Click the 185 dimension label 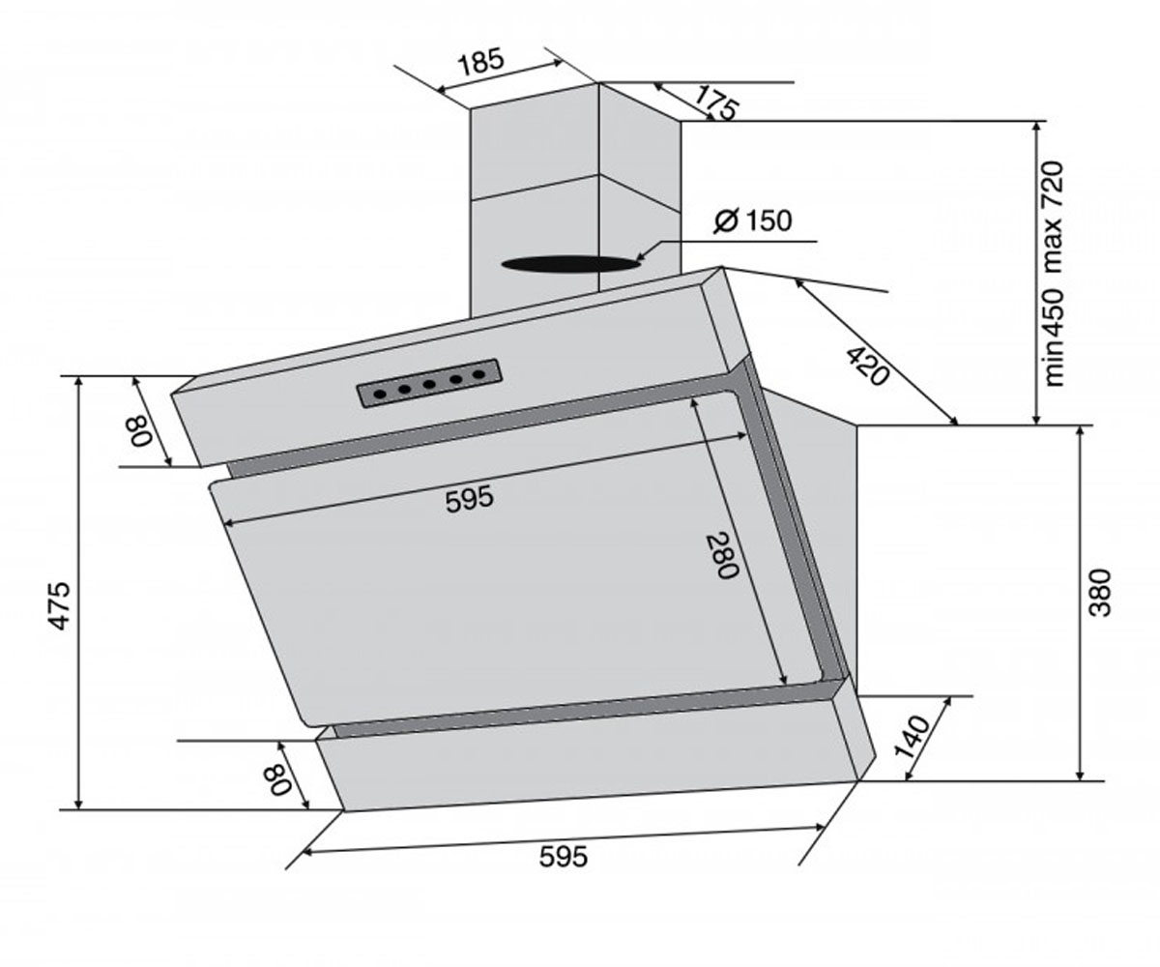point(481,62)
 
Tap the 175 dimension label point(716,103)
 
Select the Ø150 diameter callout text point(753,220)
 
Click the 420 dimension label point(867,366)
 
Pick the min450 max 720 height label point(1054,274)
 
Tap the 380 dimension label point(1099,593)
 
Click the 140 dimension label point(912,737)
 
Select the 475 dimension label point(59,605)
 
